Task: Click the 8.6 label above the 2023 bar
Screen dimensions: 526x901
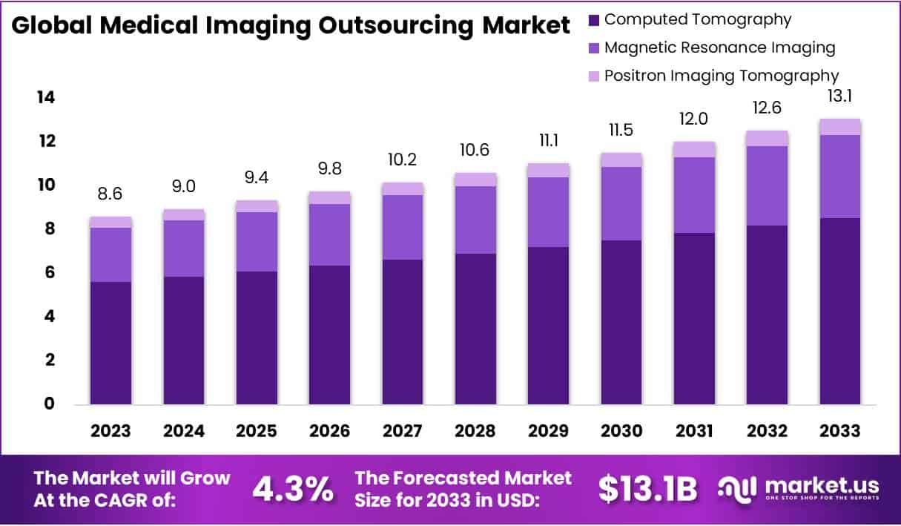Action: [x=110, y=194]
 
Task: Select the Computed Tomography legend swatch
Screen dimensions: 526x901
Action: [x=593, y=20]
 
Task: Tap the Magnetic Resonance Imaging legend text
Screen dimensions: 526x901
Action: [x=719, y=47]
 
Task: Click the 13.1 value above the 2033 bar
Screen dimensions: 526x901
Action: [x=839, y=96]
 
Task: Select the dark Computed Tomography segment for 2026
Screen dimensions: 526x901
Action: [x=329, y=334]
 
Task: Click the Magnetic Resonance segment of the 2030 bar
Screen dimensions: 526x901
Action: [x=621, y=203]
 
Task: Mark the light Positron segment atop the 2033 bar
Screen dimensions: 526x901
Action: [x=840, y=127]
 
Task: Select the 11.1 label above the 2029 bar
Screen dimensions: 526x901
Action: [x=548, y=141]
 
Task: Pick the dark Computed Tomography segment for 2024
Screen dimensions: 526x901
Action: [x=183, y=340]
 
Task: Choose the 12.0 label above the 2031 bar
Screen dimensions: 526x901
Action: [x=694, y=119]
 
